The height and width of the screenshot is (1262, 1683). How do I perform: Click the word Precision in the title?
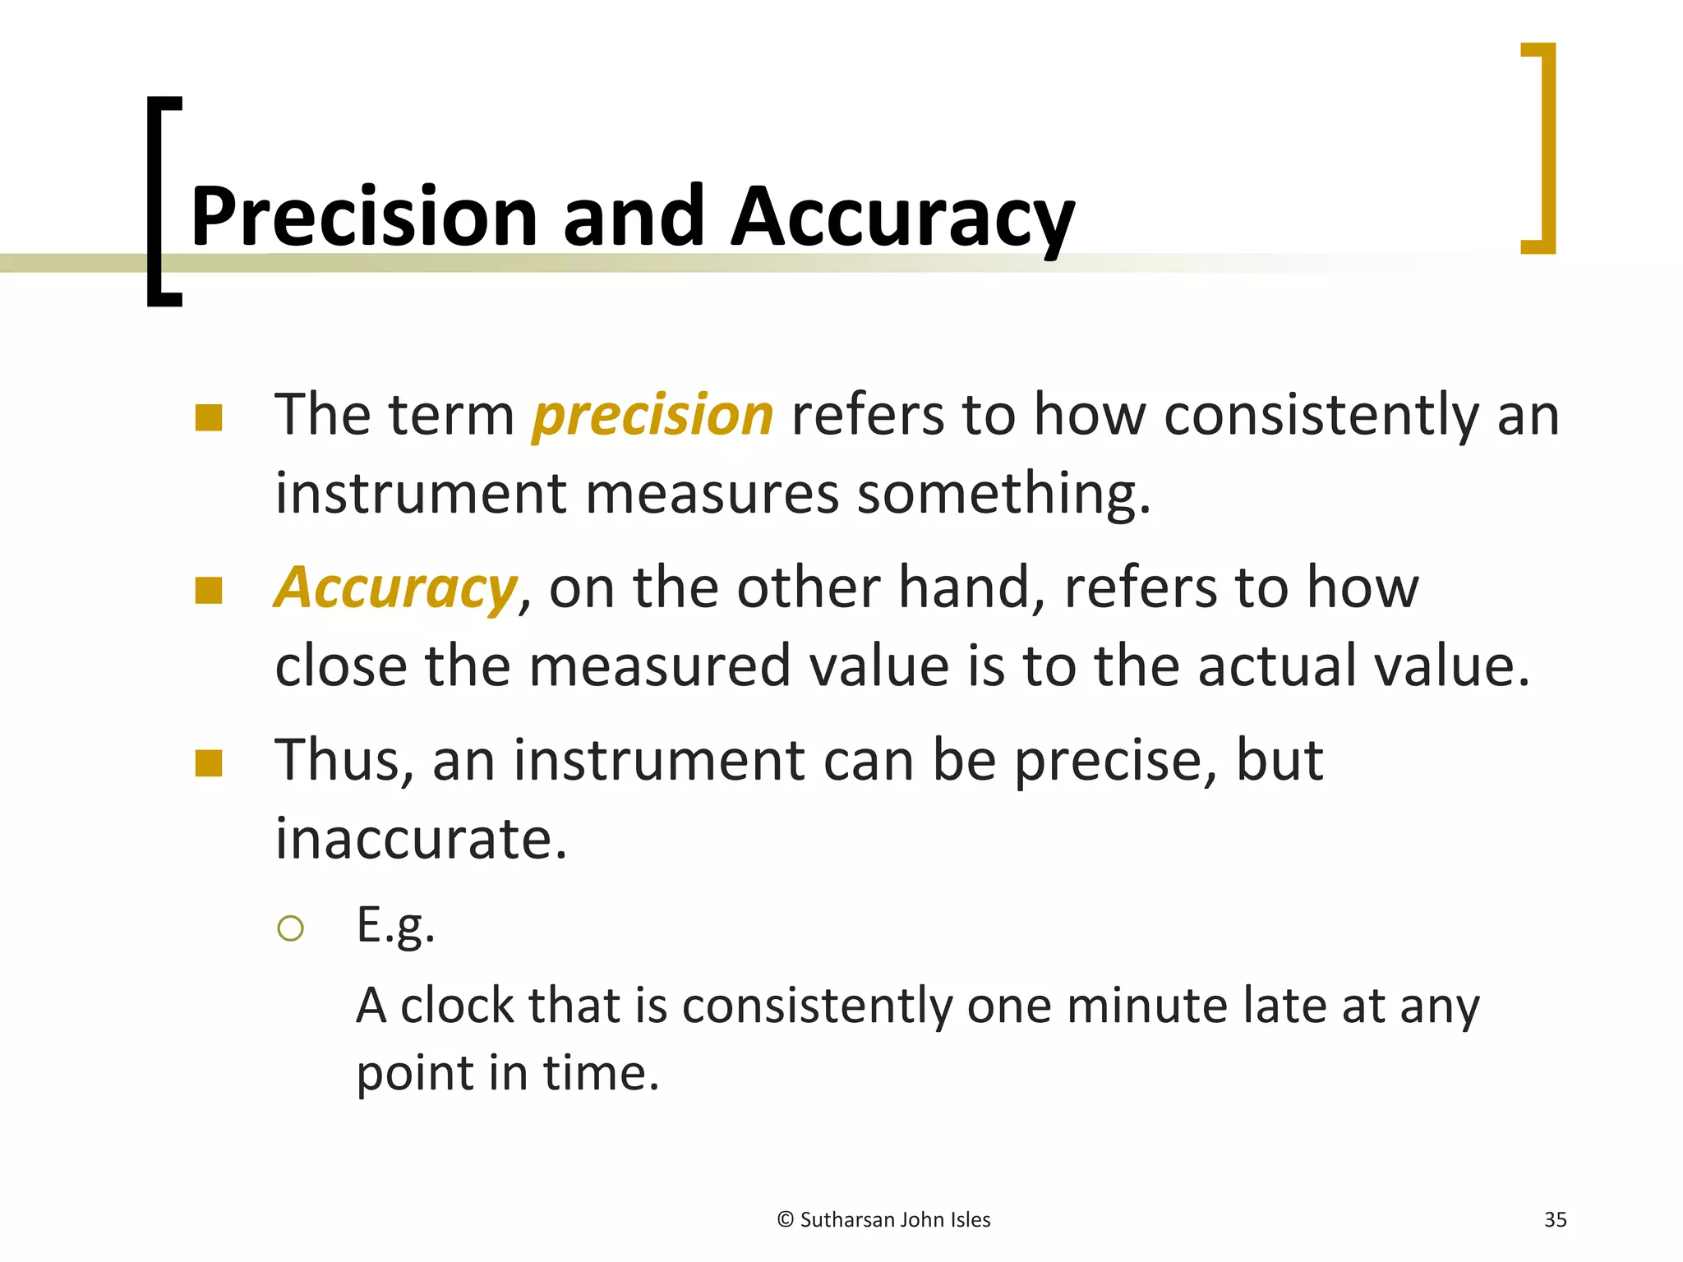pyautogui.click(x=364, y=217)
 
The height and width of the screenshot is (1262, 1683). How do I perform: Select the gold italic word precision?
pyautogui.click(x=653, y=415)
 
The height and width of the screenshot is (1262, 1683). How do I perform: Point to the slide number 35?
pyautogui.click(x=1555, y=1220)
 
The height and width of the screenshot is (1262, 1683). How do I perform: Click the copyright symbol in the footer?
pyautogui.click(x=785, y=1220)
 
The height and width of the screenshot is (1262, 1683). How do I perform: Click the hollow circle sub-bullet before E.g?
pyautogui.click(x=291, y=928)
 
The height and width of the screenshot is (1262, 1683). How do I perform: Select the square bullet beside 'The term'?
pyautogui.click(x=209, y=417)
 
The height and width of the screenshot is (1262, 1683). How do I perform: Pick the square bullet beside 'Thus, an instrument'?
pyautogui.click(x=209, y=763)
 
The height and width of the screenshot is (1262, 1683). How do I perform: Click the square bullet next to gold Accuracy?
pyautogui.click(x=209, y=590)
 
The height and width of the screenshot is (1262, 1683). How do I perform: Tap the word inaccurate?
pyautogui.click(x=421, y=839)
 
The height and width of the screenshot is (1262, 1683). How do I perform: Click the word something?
pyautogui.click(x=1003, y=494)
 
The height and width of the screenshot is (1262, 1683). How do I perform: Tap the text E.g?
pyautogui.click(x=395, y=926)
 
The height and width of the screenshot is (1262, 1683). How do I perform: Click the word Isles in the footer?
pyautogui.click(x=970, y=1220)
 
